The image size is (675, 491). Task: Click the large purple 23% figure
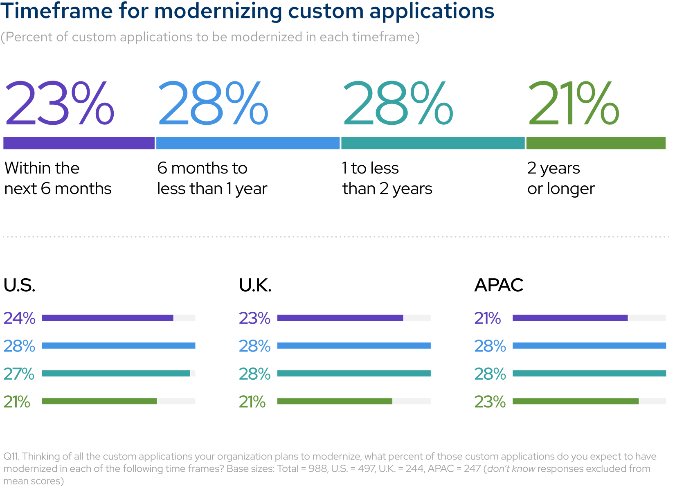tap(59, 103)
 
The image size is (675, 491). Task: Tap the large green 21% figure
tap(574, 103)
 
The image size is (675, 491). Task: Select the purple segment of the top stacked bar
tap(79, 143)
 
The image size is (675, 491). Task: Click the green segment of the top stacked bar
tap(596, 143)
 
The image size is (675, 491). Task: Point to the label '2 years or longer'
tap(560, 178)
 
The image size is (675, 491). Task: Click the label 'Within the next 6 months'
tap(58, 178)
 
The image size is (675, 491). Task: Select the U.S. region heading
tap(19, 285)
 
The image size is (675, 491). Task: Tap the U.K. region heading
tap(255, 285)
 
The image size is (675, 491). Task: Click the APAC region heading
tap(499, 285)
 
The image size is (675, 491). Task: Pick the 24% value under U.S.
tap(19, 318)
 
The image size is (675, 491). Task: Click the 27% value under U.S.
tap(19, 374)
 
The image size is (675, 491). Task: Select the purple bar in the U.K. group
tap(340, 318)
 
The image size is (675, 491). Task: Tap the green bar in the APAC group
tap(575, 401)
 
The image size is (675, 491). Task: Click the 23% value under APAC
tap(490, 402)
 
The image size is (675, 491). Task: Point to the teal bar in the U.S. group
tap(116, 374)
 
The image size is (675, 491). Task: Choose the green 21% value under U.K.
tap(252, 402)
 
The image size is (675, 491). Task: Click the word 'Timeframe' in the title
tap(56, 11)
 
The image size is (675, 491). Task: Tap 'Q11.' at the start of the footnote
tap(11, 456)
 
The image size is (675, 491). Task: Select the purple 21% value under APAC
tap(487, 318)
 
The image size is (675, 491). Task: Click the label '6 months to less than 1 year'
tap(212, 178)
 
